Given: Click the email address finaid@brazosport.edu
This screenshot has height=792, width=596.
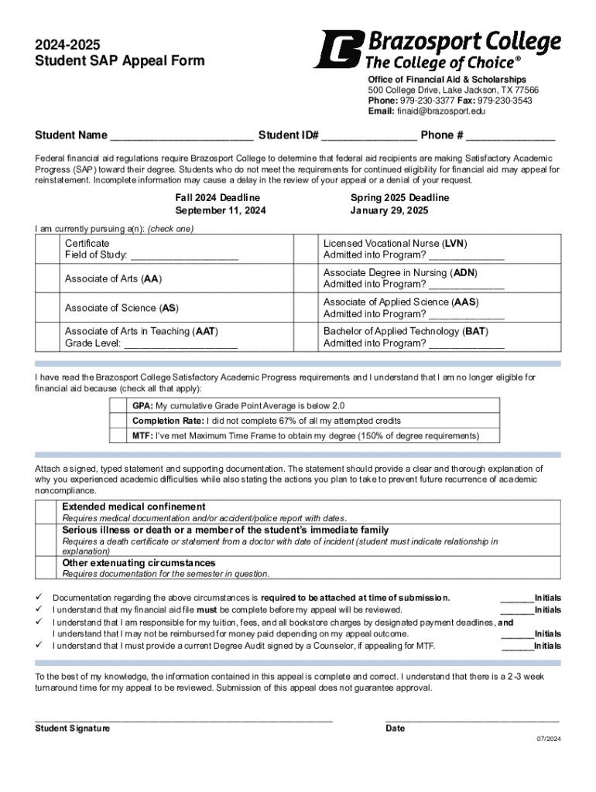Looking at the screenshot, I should pos(441,111).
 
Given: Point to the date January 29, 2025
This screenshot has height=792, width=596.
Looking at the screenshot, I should pos(389,210).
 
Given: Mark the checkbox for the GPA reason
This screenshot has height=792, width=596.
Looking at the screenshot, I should pos(119,405).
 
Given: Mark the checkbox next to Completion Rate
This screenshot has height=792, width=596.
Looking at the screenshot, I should pos(119,421).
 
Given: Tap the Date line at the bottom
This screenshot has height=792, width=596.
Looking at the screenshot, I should pos(471,720).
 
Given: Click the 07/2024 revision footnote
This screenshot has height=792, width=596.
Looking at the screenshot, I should pos(549,739).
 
